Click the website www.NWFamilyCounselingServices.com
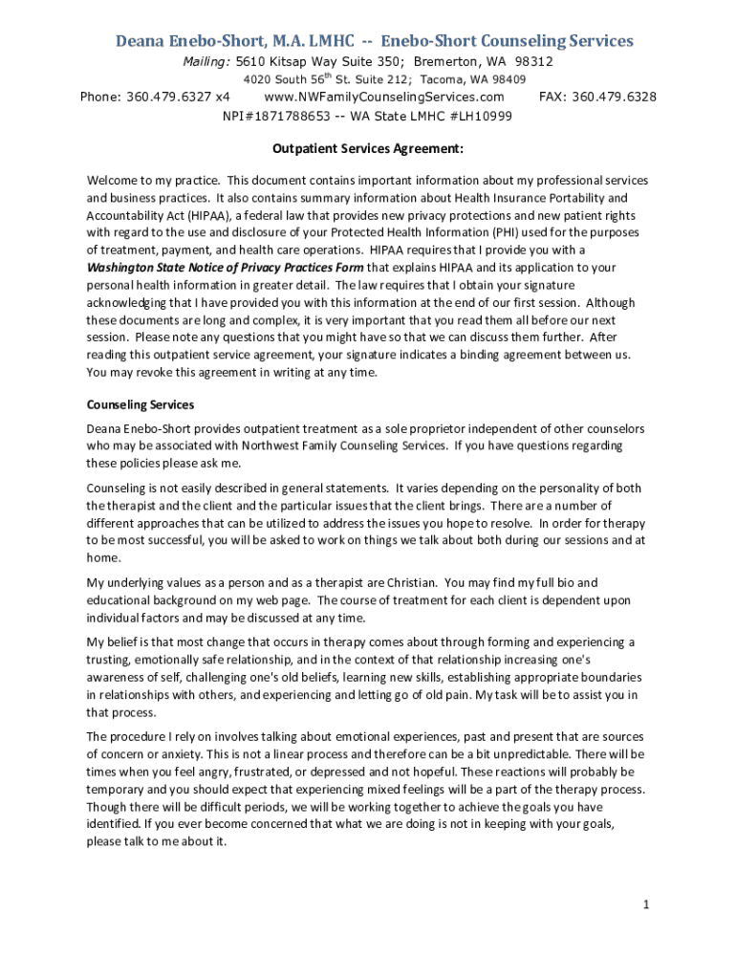[383, 98]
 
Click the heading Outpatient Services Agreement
[368, 149]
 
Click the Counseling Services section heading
[141, 405]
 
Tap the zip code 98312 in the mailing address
[534, 61]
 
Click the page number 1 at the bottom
[646, 904]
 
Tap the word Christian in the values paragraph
[411, 582]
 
